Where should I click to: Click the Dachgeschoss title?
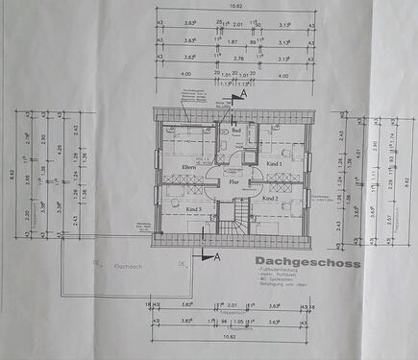308,261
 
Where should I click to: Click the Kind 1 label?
274,164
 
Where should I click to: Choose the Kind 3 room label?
195,207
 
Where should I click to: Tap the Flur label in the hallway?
233,180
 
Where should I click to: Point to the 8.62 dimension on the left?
11,176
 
